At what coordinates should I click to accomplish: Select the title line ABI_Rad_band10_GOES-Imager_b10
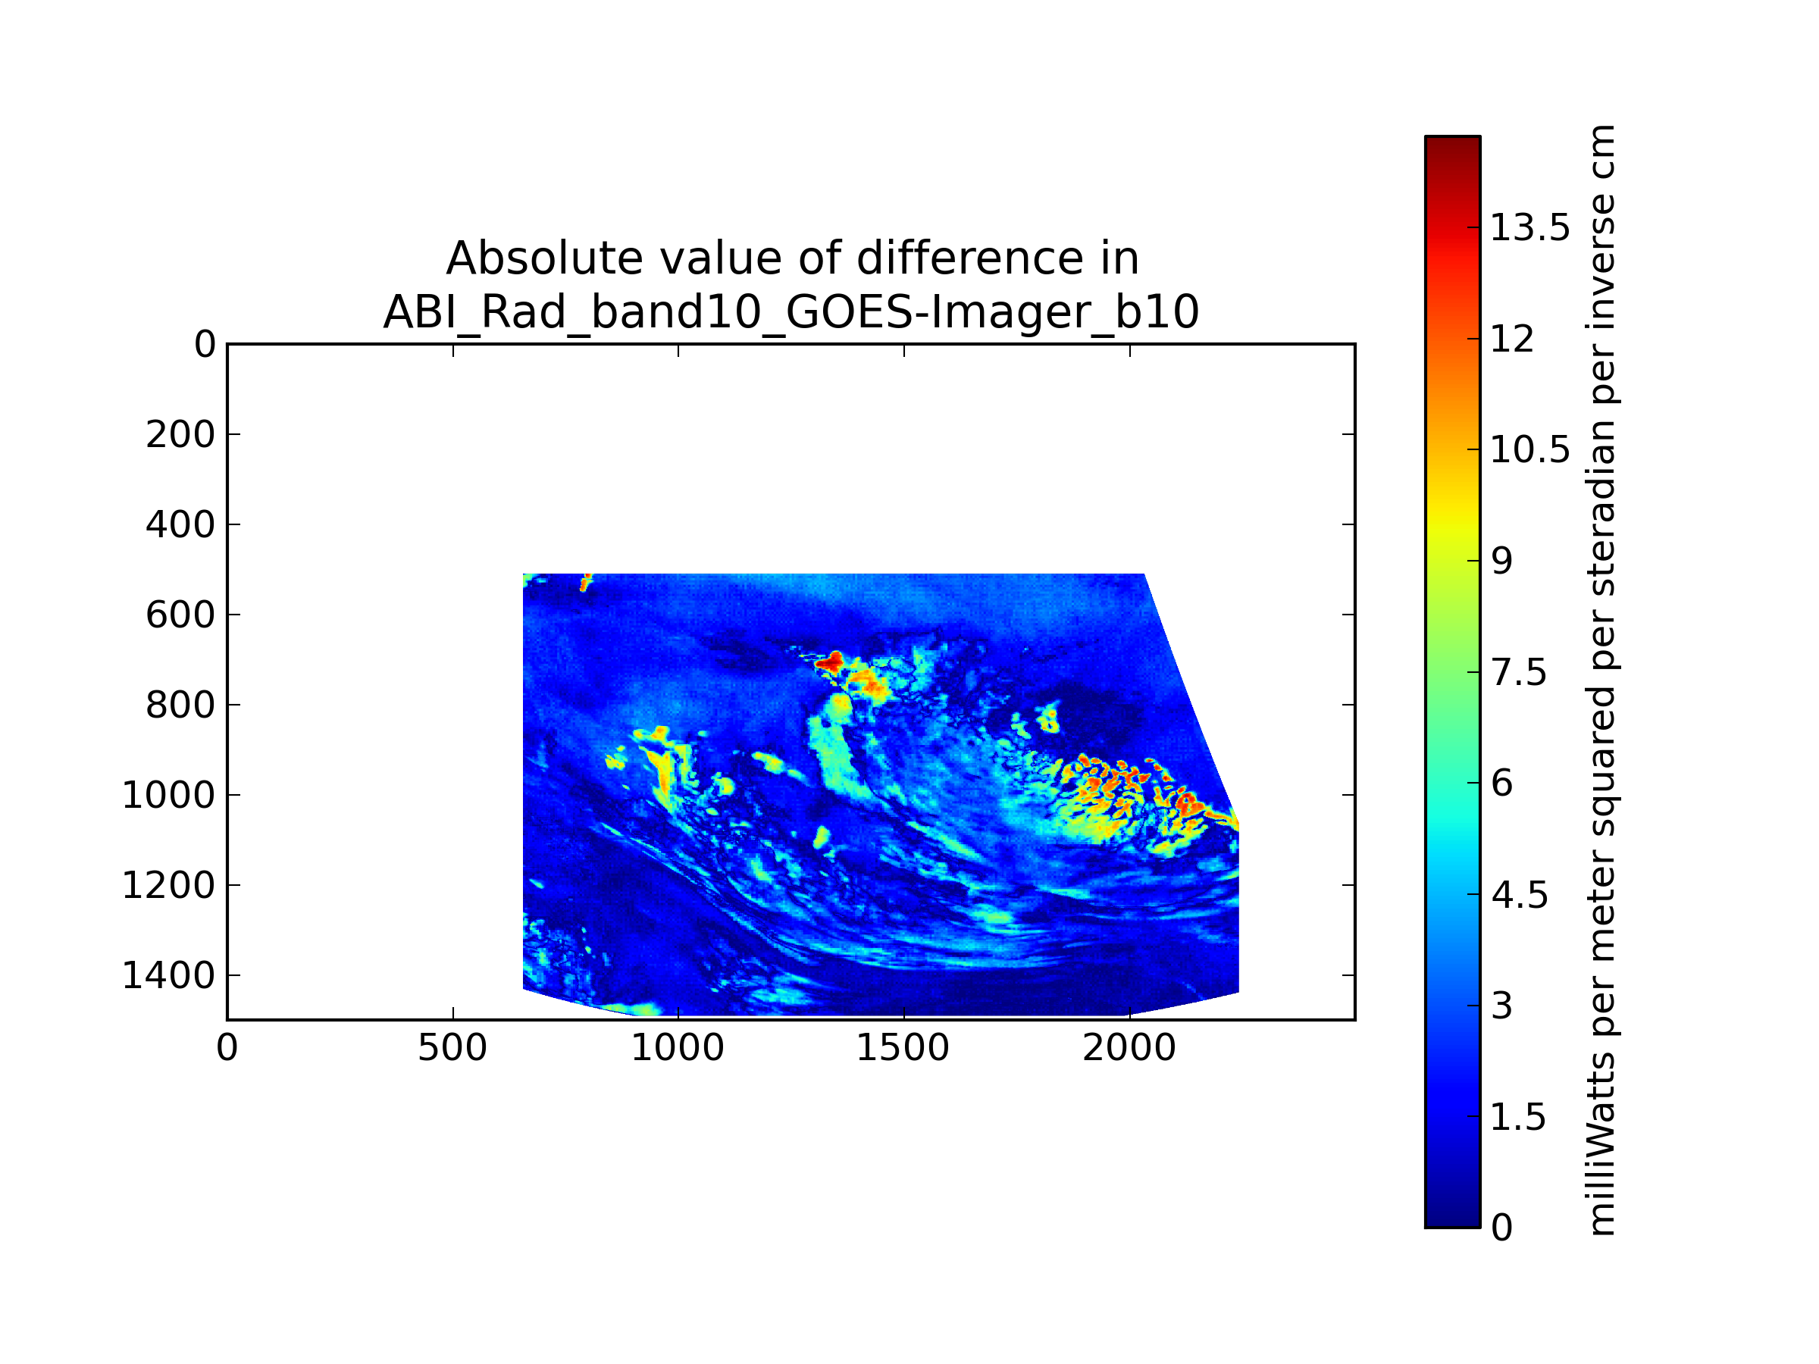point(791,311)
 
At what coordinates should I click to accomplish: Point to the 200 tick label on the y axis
point(180,435)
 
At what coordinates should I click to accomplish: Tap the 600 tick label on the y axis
point(180,615)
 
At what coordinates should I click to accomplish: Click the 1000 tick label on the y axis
point(168,795)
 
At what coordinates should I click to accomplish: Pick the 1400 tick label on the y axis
point(168,975)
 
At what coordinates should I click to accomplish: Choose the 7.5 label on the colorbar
point(1519,673)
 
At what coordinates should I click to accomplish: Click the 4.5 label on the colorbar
point(1519,894)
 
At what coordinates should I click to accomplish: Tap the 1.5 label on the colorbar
point(1519,1116)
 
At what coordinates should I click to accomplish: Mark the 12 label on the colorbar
point(1512,339)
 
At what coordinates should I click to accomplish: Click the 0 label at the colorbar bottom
point(1501,1228)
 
